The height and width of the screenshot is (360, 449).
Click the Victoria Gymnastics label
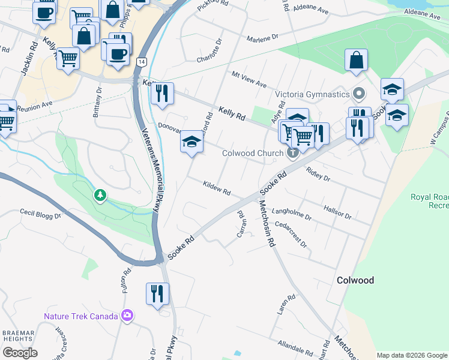pos(312,94)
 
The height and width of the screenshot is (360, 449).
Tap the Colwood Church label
pos(252,153)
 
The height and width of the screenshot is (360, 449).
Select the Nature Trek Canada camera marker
pos(127,315)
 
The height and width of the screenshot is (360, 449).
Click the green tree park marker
pos(100,196)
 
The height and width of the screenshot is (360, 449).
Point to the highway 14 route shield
pos(141,62)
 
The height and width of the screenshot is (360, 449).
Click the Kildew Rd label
pos(217,188)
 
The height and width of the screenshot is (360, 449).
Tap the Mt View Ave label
pos(249,79)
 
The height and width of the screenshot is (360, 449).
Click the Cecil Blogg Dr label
pos(40,213)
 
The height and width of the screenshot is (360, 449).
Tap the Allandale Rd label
pos(295,347)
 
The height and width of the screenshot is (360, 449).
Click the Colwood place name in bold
pos(355,280)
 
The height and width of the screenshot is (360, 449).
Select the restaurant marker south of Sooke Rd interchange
pos(157,294)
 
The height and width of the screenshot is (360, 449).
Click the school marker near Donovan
pos(192,142)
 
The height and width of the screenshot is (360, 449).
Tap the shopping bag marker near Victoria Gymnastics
pos(356,60)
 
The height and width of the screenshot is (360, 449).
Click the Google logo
pos(20,353)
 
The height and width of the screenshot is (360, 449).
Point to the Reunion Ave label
pos(35,106)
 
